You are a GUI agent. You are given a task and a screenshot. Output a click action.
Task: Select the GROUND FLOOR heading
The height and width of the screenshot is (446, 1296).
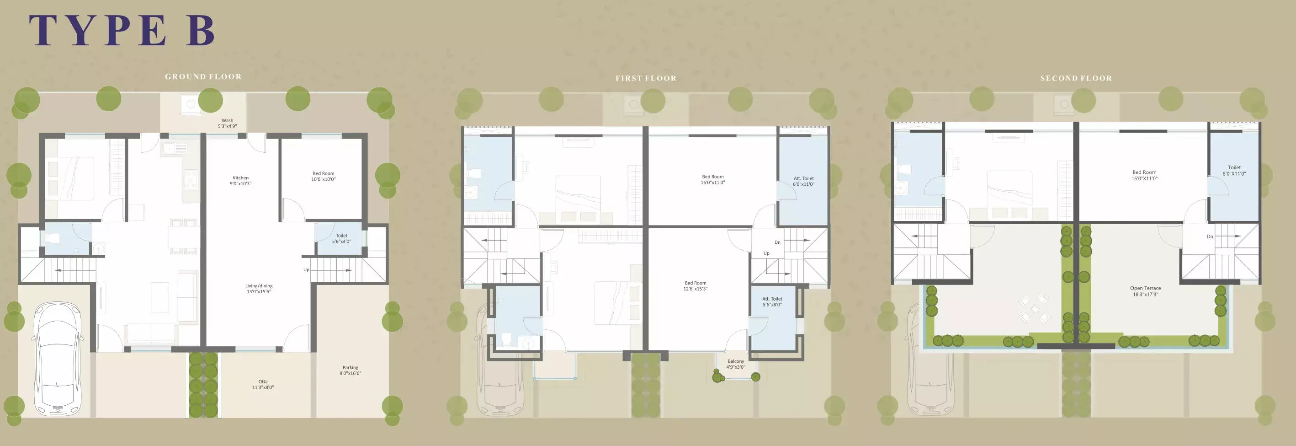(203, 76)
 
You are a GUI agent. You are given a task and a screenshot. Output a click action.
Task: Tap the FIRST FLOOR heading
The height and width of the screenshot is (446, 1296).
(646, 78)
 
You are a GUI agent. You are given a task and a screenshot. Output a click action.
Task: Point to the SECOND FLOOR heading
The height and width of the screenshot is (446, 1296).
(1076, 78)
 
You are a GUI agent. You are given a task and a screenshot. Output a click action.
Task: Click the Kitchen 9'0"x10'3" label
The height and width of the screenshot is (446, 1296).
(240, 181)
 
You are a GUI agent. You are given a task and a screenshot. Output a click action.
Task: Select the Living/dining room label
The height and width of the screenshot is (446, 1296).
(259, 289)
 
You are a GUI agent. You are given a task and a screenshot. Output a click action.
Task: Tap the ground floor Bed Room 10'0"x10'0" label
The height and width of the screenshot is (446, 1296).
(324, 176)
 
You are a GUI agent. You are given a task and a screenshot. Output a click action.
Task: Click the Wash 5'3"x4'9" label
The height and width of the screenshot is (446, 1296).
(228, 124)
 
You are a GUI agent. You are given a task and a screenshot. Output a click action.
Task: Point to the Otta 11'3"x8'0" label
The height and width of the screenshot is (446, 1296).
(263, 385)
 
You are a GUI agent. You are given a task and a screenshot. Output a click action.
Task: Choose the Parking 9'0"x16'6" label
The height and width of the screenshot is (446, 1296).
(351, 371)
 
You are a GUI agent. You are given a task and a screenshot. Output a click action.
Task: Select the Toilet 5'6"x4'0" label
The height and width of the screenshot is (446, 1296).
(342, 239)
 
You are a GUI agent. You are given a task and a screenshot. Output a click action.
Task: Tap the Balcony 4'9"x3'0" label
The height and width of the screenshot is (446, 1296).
(736, 364)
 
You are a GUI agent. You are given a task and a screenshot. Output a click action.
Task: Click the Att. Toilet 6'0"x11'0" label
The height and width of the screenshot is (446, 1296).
(803, 181)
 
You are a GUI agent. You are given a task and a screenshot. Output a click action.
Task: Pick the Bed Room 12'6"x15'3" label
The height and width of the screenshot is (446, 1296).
(695, 286)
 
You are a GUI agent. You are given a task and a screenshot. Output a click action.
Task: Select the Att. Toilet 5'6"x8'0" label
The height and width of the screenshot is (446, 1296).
(772, 301)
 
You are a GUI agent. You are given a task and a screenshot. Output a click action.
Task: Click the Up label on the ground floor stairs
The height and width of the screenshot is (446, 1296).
(306, 270)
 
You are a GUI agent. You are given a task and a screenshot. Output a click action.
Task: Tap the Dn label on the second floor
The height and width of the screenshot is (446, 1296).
(1210, 236)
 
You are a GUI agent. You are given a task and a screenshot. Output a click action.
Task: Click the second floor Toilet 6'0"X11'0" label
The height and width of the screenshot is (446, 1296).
(1234, 171)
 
